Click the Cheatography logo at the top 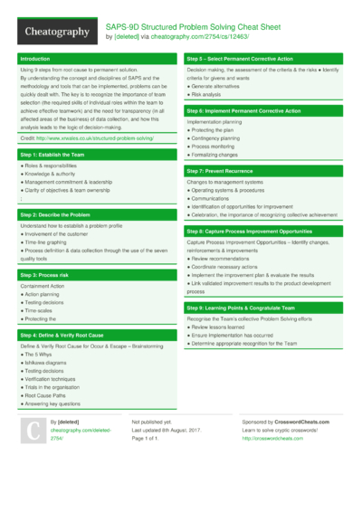point(56,32)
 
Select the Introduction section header point(36,59)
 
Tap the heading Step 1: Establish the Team point(53,155)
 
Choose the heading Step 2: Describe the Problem point(56,214)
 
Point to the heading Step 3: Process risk point(43,274)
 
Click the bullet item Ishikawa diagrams point(52,363)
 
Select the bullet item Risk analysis point(208,93)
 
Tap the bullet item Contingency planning point(220,137)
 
